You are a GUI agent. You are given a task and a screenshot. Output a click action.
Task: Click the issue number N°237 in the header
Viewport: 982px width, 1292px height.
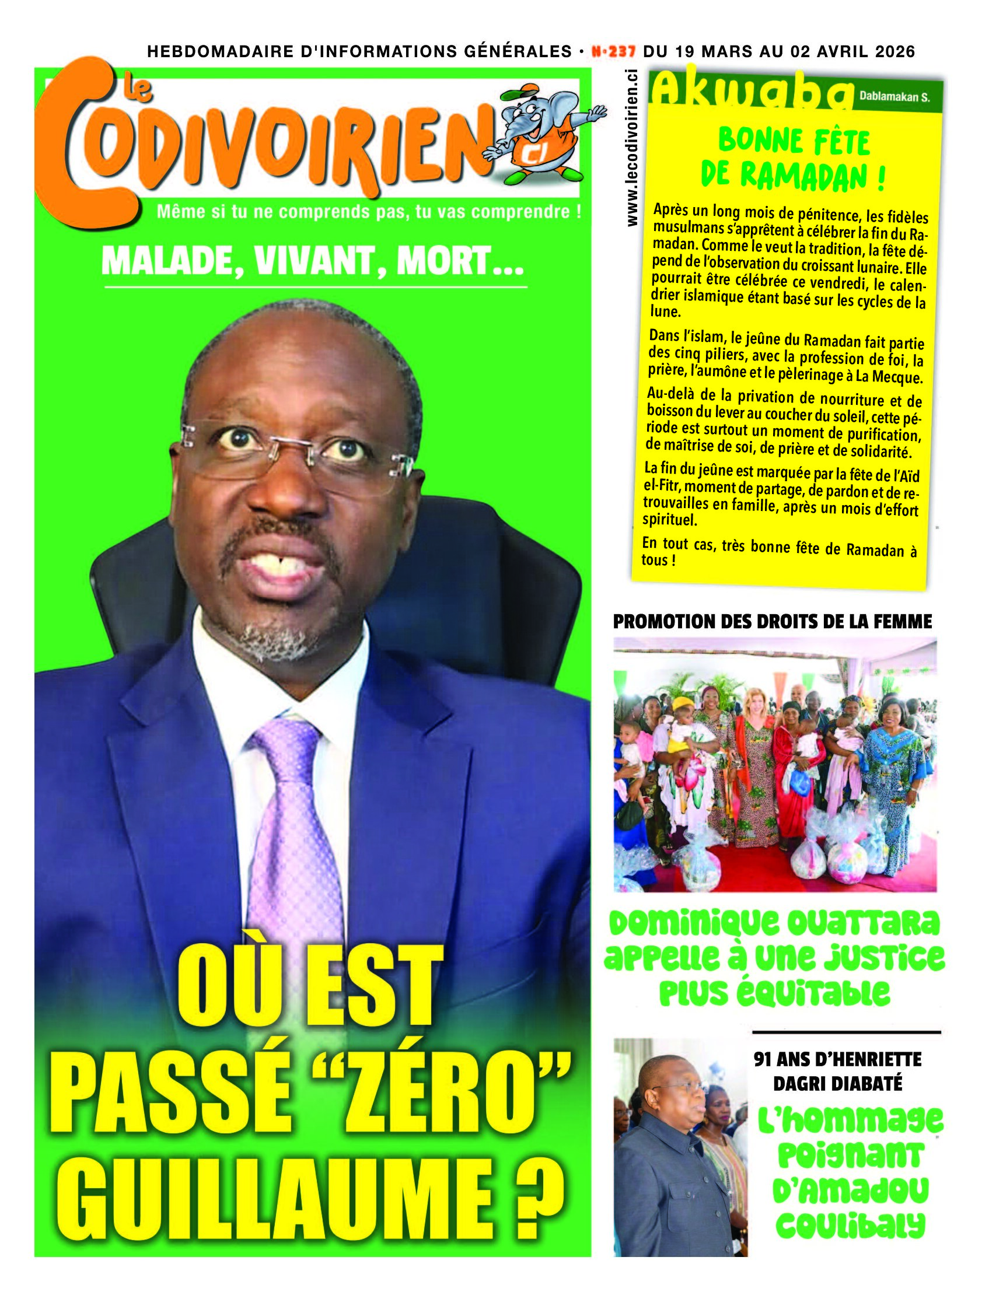pos(613,51)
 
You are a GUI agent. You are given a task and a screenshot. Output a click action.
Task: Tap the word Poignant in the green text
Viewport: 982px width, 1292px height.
pos(850,1156)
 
